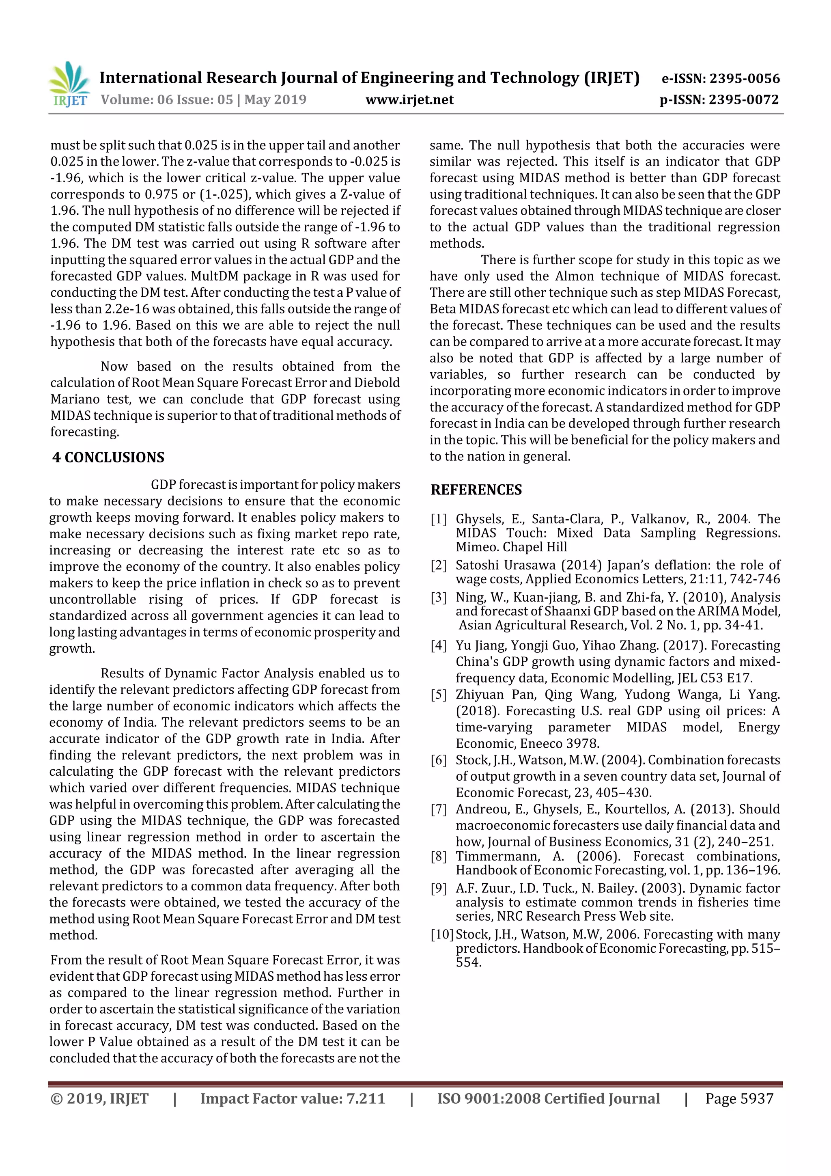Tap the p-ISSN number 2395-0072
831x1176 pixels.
tap(743, 99)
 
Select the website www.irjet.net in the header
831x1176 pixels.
tap(409, 99)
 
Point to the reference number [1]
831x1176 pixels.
tap(438, 519)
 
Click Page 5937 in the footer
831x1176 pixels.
tap(739, 1098)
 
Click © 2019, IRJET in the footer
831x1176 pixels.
tap(99, 1098)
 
